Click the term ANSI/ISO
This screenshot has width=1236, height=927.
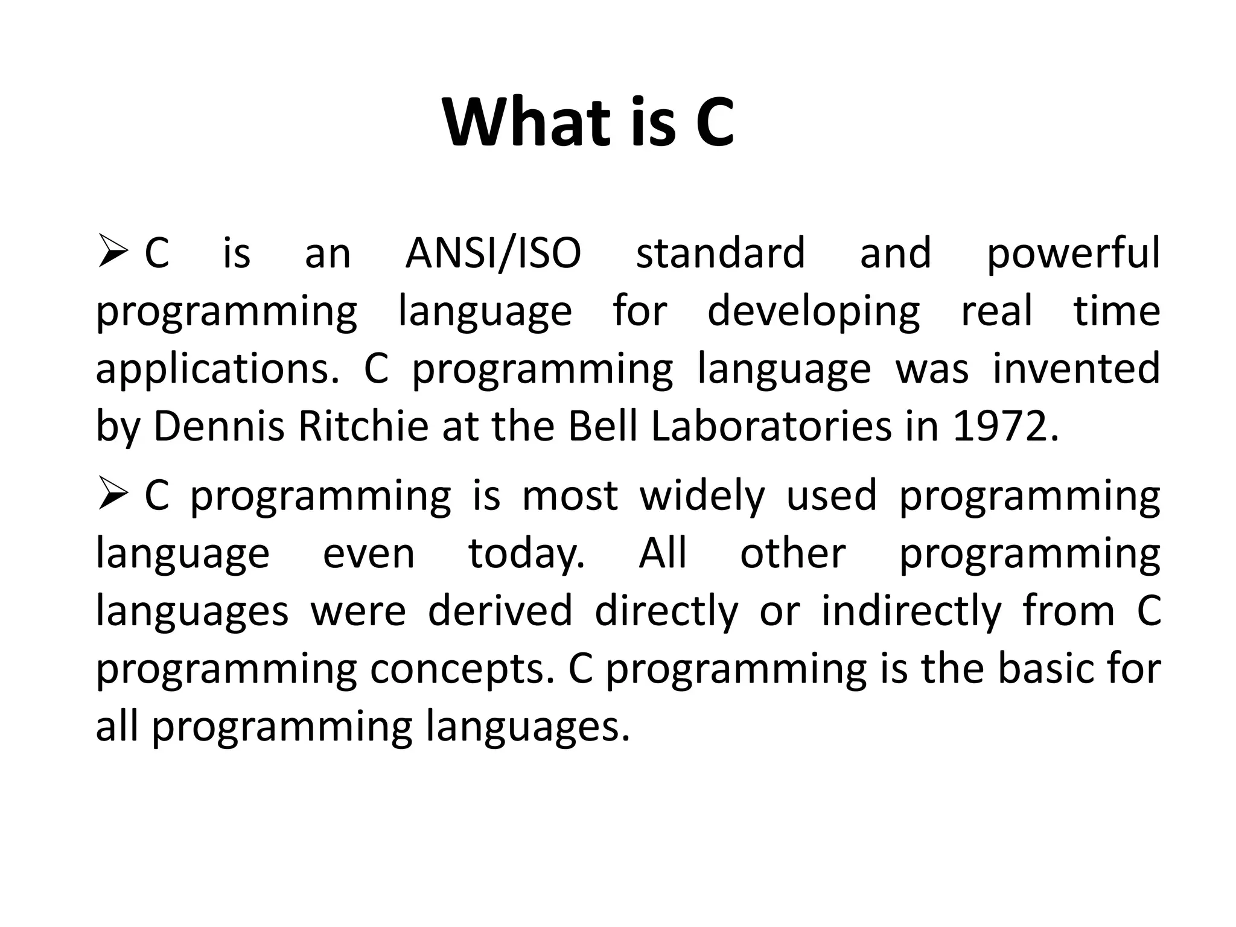[x=493, y=254]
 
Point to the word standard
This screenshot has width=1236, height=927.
[x=721, y=253]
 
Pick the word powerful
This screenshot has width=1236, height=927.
[x=1073, y=254]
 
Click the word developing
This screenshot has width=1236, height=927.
[x=813, y=313]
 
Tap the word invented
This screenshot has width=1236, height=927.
[x=1076, y=369]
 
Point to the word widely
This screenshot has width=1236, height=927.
[x=702, y=497]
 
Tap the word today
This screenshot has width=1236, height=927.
[x=526, y=555]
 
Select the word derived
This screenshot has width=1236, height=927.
[x=500, y=611]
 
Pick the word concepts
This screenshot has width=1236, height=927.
[x=462, y=670]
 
